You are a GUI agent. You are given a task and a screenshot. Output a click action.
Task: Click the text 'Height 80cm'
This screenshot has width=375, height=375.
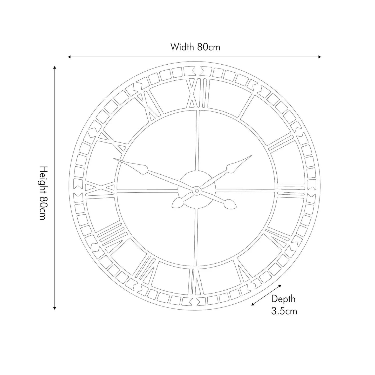[x=42, y=193]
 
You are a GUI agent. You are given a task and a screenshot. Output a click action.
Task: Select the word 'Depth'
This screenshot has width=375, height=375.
[x=283, y=299]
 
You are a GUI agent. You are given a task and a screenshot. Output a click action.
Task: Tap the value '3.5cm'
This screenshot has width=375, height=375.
[x=284, y=311]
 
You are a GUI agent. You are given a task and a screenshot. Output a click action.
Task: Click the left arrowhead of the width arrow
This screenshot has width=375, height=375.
[x=69, y=57]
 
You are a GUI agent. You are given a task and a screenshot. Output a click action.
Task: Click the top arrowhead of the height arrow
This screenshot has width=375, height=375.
[x=54, y=68]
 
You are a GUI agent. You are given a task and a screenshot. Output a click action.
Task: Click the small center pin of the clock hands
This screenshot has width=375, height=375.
[x=196, y=191]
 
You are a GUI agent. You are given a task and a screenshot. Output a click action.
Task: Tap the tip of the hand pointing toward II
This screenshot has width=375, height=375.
[x=251, y=156]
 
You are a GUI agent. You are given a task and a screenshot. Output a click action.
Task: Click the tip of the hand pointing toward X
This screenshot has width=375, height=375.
[x=114, y=159]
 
